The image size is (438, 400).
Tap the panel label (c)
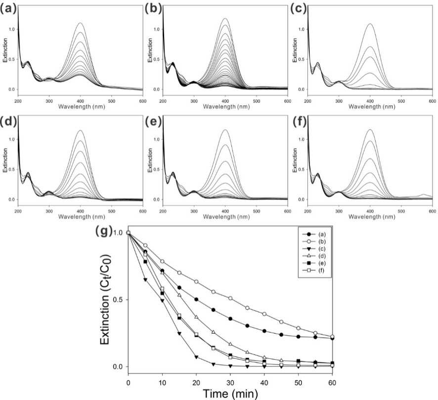(298, 9)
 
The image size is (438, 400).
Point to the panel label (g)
(104, 231)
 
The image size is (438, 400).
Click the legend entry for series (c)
(314, 249)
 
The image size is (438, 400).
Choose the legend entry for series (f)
(314, 270)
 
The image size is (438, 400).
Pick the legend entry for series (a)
(314, 234)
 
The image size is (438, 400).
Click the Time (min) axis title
(230, 394)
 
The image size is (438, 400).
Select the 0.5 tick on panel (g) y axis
(120, 300)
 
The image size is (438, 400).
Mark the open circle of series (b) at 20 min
(196, 281)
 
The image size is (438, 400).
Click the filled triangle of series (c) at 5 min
(145, 280)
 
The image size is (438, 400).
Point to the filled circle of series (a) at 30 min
(230, 319)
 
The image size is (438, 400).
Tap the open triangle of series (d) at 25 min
(214, 332)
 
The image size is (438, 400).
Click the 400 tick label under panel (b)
(225, 101)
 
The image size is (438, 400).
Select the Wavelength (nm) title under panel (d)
(82, 216)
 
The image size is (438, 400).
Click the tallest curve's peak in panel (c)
(370, 24)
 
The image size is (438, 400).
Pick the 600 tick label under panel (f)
(433, 211)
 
